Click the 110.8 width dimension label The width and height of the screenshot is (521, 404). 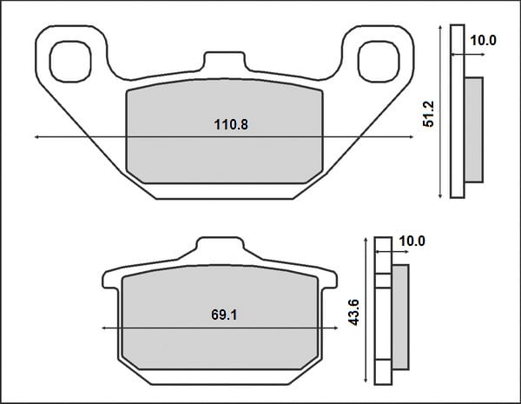(x=231, y=125)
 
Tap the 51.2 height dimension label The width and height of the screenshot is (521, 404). (x=429, y=114)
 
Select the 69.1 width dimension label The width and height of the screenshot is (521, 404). (x=224, y=315)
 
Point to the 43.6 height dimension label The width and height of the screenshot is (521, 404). (x=353, y=313)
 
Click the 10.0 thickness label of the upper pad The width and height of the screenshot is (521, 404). (x=483, y=40)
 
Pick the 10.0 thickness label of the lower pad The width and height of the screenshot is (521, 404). (x=412, y=241)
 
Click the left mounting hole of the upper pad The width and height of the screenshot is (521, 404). (x=70, y=62)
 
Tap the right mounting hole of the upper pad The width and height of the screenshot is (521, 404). (x=379, y=62)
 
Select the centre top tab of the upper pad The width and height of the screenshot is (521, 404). (x=225, y=62)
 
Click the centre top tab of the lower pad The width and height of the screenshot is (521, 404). (x=220, y=247)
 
